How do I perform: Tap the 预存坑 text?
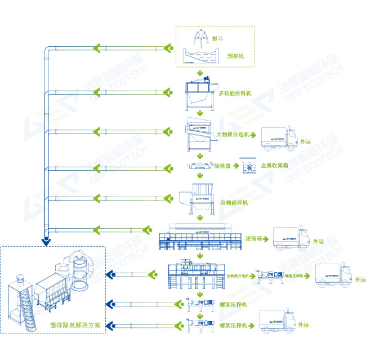pyautogui.click(x=236, y=56)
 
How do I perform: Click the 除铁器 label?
pyautogui.click(x=222, y=166)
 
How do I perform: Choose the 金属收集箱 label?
pyautogui.click(x=275, y=166)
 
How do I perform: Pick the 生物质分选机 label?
pyautogui.click(x=237, y=276)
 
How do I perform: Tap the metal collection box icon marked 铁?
pyautogui.click(x=247, y=166)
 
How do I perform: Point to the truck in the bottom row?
pyautogui.click(x=276, y=322)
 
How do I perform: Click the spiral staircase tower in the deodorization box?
pyautogui.click(x=22, y=299)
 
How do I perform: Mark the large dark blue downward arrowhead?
pyautogui.click(x=45, y=243)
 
